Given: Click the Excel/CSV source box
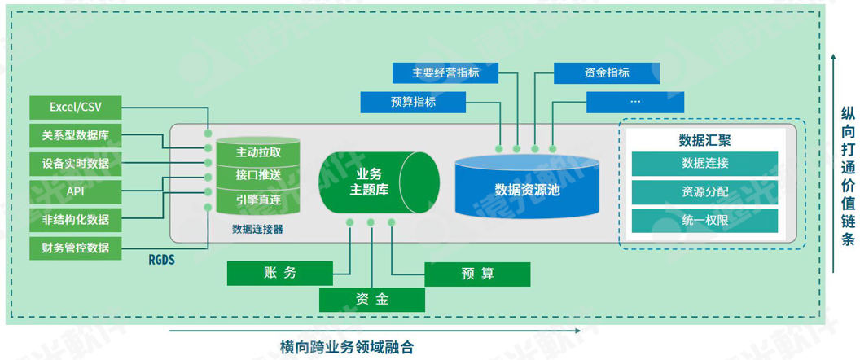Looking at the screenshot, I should pyautogui.click(x=75, y=107).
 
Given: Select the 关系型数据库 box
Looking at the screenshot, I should pyautogui.click(x=75, y=134).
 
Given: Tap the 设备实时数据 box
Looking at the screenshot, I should pyautogui.click(x=75, y=163).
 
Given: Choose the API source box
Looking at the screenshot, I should pyautogui.click(x=75, y=191).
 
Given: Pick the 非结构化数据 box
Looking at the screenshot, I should pyautogui.click(x=75, y=218).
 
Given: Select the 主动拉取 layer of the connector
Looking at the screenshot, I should pyautogui.click(x=258, y=152).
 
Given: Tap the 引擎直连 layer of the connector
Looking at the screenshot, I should pyautogui.click(x=258, y=198).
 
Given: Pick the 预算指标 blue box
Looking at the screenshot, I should pyautogui.click(x=413, y=102).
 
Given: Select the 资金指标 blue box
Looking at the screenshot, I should pyautogui.click(x=607, y=73).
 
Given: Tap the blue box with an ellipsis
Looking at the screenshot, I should pyautogui.click(x=635, y=102).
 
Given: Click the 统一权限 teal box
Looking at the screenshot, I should pyautogui.click(x=705, y=220).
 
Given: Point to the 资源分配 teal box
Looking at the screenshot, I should pyautogui.click(x=705, y=192).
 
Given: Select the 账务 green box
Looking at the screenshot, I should pyautogui.click(x=280, y=273).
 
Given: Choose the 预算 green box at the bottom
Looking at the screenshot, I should pyautogui.click(x=477, y=274).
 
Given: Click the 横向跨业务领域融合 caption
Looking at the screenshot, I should pyautogui.click(x=347, y=346).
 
